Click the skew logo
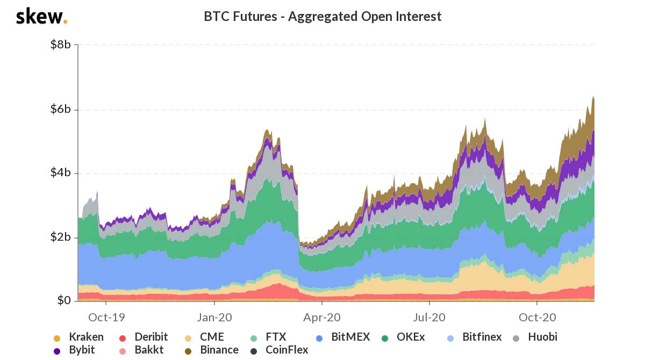(41, 17)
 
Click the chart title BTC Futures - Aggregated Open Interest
(322, 17)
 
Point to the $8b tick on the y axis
(60, 45)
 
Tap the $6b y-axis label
(60, 109)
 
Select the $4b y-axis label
(60, 173)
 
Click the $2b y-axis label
(60, 237)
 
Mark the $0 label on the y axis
(63, 300)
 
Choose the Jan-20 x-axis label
(214, 318)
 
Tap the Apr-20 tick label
(322, 318)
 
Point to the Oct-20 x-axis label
(537, 318)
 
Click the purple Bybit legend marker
(57, 351)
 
